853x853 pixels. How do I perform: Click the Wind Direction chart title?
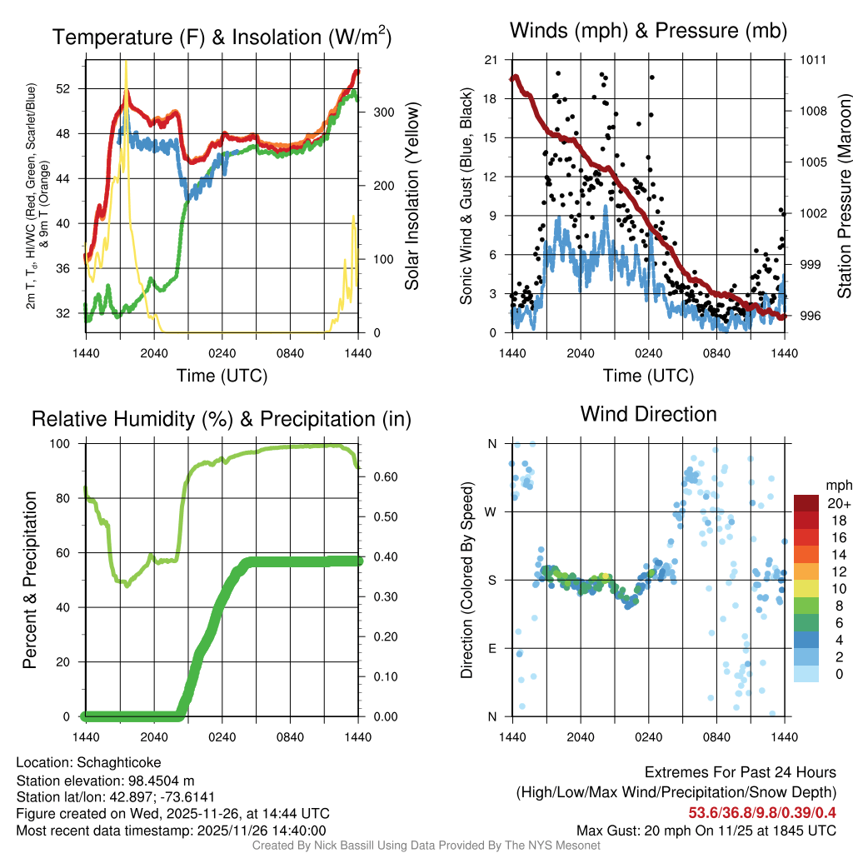648,414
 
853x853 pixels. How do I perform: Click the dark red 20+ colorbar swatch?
807,503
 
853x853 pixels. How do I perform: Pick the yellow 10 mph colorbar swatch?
807,588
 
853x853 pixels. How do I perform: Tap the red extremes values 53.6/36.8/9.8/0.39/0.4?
762,811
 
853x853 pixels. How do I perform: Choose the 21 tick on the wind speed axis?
491,60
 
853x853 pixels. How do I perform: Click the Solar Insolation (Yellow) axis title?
412,196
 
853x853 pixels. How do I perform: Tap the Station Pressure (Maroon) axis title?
843,196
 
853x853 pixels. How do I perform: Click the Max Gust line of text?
706,830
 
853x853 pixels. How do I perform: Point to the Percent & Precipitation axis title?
29,580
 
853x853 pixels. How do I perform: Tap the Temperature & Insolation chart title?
222,37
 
